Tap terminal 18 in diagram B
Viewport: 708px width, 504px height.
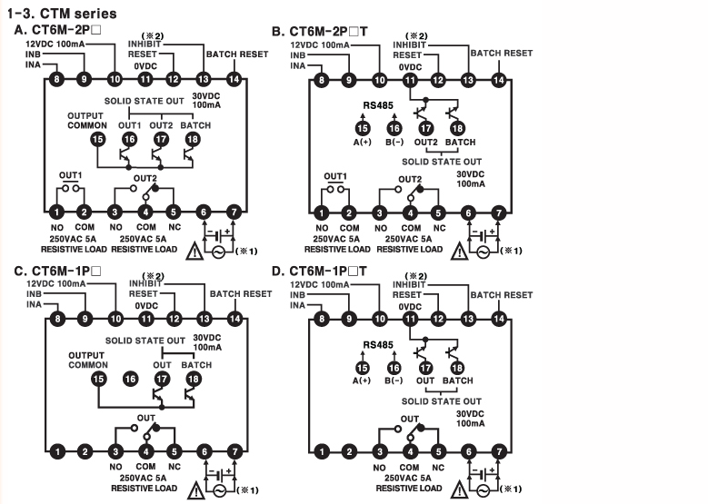coord(455,129)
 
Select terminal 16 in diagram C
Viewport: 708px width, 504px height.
coord(129,378)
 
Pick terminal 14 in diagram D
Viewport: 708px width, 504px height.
coord(497,319)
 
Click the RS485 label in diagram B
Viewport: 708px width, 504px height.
coord(378,104)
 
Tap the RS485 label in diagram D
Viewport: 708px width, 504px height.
coord(378,344)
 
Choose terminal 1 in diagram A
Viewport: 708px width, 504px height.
coord(57,212)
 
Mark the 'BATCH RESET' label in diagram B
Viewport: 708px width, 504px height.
coord(502,54)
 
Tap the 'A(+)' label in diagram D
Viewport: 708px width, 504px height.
coord(363,380)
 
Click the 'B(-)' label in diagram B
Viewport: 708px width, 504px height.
coord(394,142)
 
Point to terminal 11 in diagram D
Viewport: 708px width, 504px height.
coord(410,319)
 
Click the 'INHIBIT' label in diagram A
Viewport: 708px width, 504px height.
coord(145,44)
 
